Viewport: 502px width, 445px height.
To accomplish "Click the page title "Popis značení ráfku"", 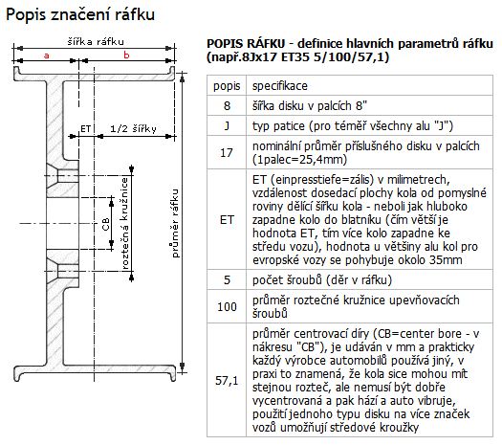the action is pos(80,14).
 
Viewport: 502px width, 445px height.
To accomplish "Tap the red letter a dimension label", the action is pos(47,56).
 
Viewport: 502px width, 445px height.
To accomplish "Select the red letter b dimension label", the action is pos(126,56).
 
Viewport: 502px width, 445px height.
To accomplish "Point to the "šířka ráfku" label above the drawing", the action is pos(96,42).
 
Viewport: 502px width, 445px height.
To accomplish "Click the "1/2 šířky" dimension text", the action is pos(133,128).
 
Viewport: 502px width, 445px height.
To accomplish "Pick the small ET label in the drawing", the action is pos(85,129).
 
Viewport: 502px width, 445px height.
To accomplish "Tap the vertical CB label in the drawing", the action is pos(105,224).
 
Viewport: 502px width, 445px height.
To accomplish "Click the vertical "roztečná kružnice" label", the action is pos(124,223).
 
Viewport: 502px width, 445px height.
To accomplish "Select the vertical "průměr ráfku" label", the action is pos(175,223).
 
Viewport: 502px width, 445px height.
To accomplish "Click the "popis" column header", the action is pos(227,86).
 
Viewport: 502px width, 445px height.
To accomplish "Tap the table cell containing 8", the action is pos(227,105).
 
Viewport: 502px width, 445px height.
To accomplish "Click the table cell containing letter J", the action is pos(227,125).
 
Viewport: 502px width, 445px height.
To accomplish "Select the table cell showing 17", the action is pos(227,152).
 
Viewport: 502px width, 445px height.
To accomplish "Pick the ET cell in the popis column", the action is pos(227,219).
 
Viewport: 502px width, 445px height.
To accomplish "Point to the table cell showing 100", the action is pos(227,306).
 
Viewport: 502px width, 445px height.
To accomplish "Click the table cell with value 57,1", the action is pos(227,380).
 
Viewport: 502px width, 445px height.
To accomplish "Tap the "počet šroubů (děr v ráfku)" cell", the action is pos(369,279).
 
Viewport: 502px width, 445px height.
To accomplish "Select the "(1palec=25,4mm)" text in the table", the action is pos(299,160).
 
